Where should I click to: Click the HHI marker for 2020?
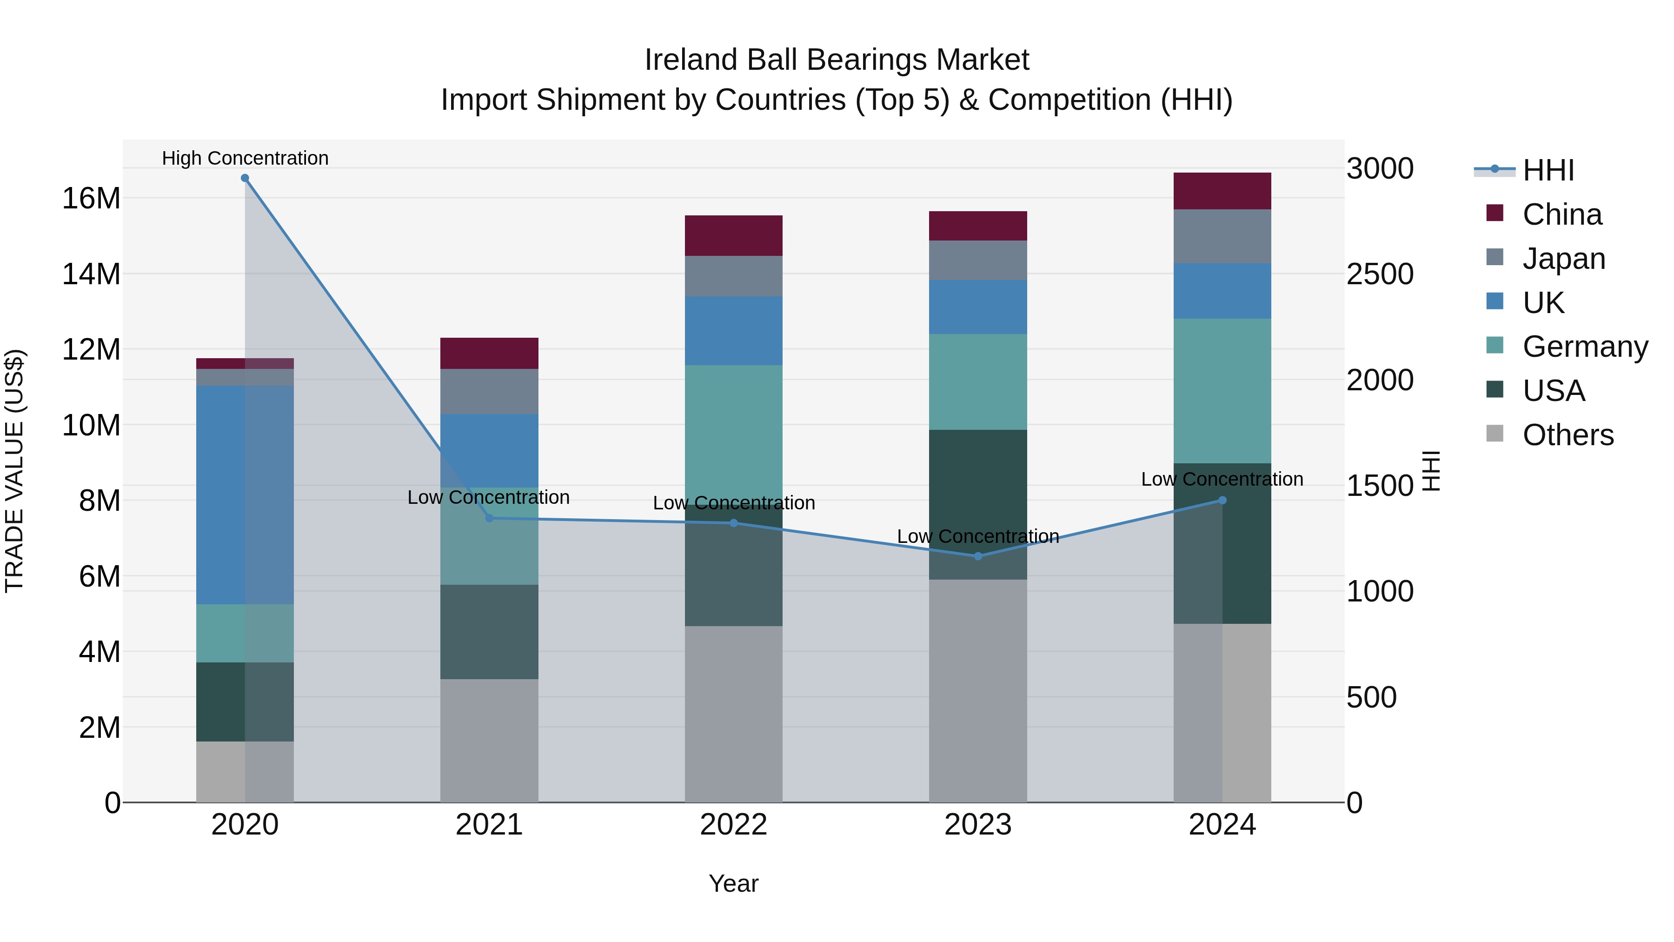245,178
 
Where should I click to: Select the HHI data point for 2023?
978,556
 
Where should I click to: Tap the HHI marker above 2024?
1222,500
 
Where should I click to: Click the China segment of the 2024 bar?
1222,191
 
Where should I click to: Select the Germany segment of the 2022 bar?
734,429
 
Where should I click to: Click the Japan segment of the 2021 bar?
489,391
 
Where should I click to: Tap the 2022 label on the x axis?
734,825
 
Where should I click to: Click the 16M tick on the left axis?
91,198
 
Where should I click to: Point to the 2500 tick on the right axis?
1380,274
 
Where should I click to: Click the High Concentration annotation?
245,158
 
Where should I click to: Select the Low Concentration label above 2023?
978,536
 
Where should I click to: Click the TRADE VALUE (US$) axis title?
14,471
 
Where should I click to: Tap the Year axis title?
734,883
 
